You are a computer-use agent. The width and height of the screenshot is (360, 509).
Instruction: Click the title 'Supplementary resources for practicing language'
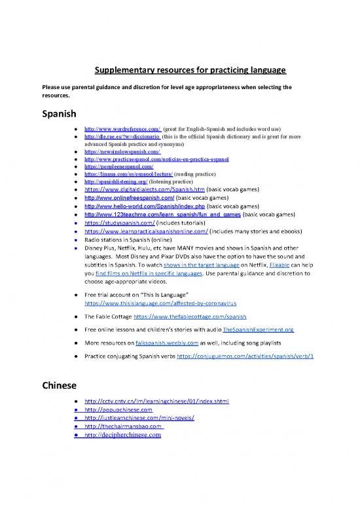pyautogui.click(x=180, y=70)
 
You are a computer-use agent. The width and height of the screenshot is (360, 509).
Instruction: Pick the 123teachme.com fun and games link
pyautogui.click(x=162, y=214)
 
